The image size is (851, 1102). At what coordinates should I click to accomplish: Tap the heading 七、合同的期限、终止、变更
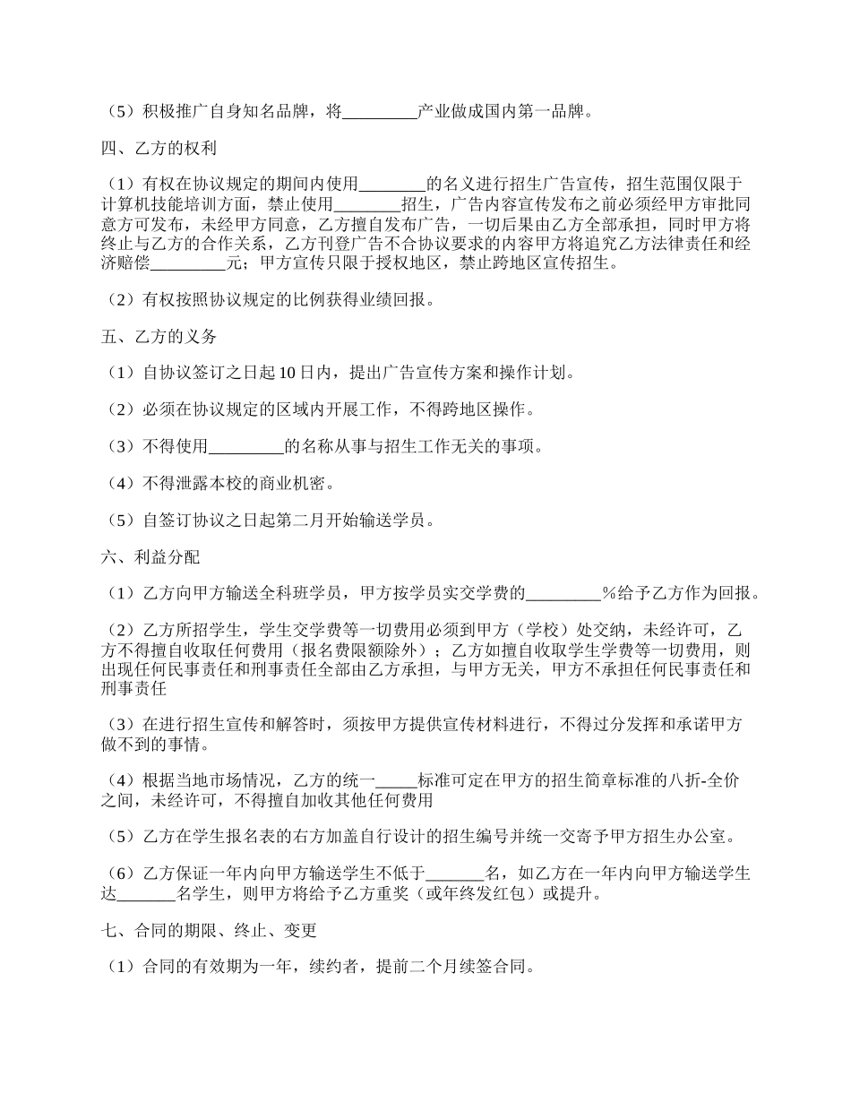pyautogui.click(x=208, y=931)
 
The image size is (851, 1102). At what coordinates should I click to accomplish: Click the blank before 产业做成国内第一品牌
pyautogui.click(x=380, y=113)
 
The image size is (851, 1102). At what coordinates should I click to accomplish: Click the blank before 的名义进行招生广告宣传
pyautogui.click(x=392, y=185)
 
